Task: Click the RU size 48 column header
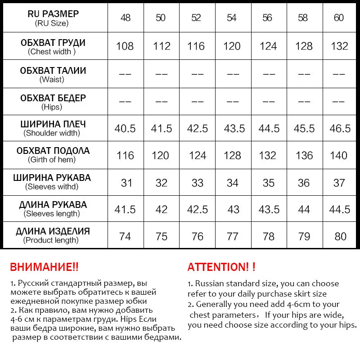click(x=126, y=18)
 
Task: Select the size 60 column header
click(x=339, y=18)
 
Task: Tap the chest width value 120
click(x=232, y=46)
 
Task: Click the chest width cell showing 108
click(x=125, y=46)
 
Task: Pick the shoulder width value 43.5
click(x=234, y=128)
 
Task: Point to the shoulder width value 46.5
click(x=340, y=128)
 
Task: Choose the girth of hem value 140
click(x=339, y=155)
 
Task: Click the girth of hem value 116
click(x=125, y=155)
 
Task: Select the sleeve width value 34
click(x=233, y=183)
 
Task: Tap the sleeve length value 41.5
click(x=125, y=210)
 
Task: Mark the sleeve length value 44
click(x=304, y=210)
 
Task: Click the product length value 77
click(x=232, y=236)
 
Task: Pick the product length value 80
click(x=340, y=236)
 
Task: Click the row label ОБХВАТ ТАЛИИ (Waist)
click(x=53, y=75)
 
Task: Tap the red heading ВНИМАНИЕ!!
click(x=44, y=267)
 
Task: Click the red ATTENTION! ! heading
click(x=221, y=267)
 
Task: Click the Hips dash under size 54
click(x=232, y=101)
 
